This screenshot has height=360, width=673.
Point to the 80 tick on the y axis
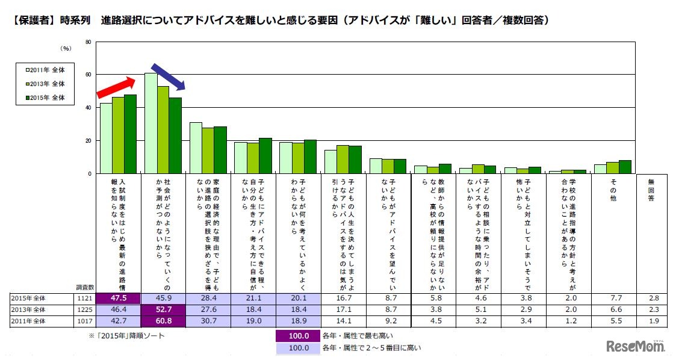point(88,42)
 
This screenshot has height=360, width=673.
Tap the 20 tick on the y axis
point(88,140)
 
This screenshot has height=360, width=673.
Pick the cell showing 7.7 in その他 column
point(613,297)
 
